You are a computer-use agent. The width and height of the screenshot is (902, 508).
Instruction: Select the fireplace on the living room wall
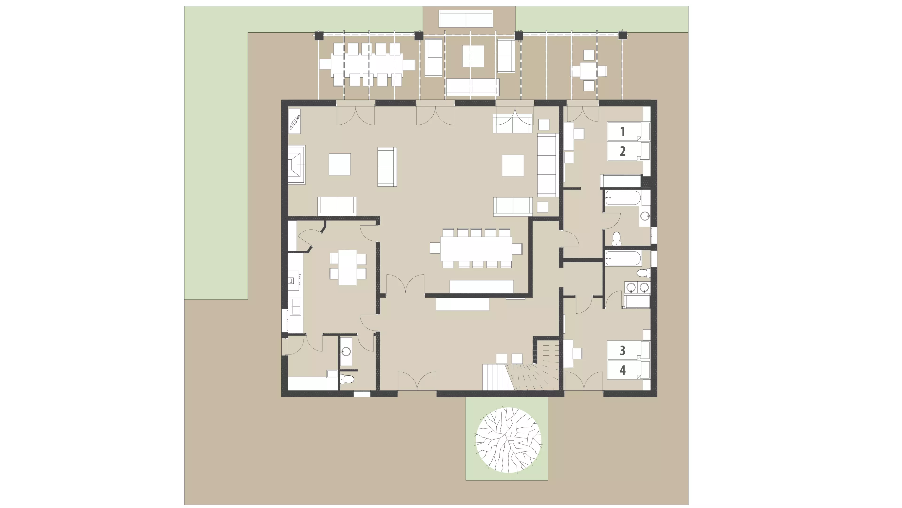point(297,165)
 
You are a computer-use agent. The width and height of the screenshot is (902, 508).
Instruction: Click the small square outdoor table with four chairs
point(589,71)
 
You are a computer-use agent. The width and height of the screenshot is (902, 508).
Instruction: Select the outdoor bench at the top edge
point(466,19)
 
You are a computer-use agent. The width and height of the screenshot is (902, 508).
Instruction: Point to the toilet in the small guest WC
point(347,379)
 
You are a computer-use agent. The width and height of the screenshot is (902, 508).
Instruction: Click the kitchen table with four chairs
point(347,267)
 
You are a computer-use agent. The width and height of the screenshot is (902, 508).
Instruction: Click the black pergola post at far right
point(622,35)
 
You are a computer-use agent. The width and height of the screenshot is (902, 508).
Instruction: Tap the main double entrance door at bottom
point(417,381)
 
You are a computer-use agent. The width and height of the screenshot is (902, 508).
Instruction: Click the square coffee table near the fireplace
point(340,164)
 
